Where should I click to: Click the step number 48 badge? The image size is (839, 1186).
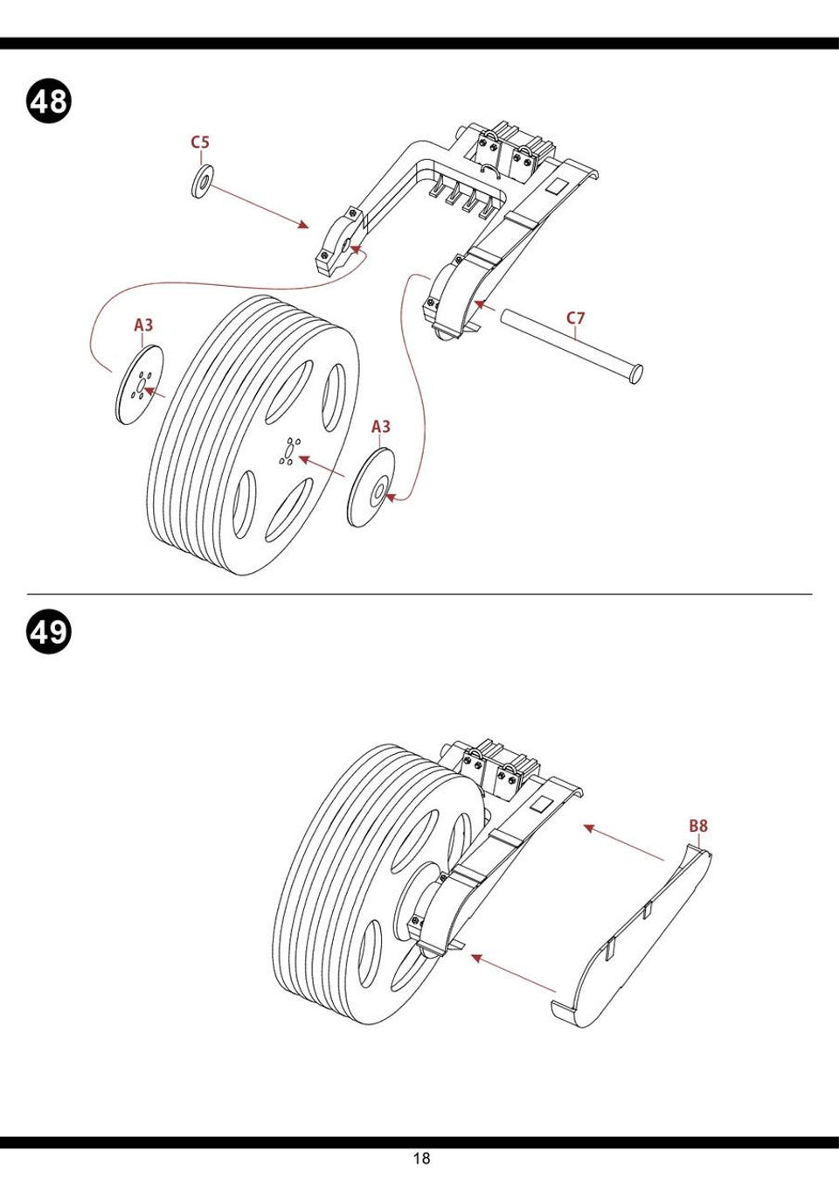click(x=49, y=101)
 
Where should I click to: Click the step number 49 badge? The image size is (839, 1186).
click(x=49, y=631)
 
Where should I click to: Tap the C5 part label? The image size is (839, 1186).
click(x=201, y=143)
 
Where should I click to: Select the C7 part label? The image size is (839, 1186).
click(x=575, y=318)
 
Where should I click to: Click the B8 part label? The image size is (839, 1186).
click(x=697, y=825)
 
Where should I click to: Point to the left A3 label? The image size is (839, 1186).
click(x=143, y=325)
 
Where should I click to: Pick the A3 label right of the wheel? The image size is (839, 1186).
click(x=381, y=427)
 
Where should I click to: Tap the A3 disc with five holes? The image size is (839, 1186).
click(x=139, y=386)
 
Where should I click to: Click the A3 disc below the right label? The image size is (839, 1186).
click(x=371, y=488)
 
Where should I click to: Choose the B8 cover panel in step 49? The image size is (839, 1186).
click(x=634, y=936)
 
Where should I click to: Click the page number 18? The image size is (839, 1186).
click(x=421, y=1159)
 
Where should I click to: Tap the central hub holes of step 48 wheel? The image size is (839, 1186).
click(x=288, y=450)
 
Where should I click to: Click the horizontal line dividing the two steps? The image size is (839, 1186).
click(x=419, y=594)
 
